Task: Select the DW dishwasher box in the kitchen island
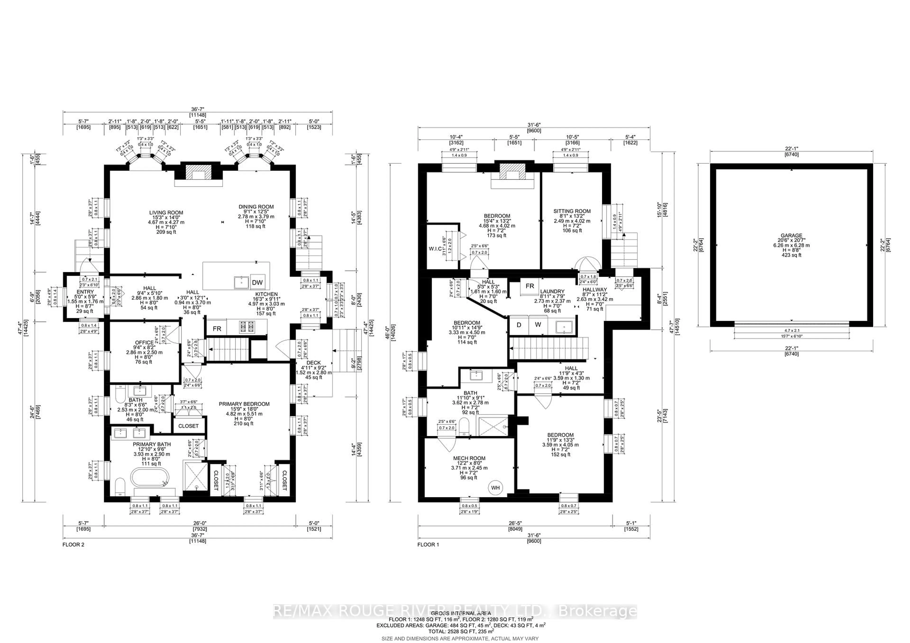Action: click(257, 282)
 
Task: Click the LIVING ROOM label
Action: click(166, 213)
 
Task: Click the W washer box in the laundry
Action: click(538, 325)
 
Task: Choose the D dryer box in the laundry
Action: click(519, 325)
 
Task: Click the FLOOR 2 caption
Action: click(73, 545)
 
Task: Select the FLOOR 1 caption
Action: click(428, 545)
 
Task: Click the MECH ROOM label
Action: click(469, 458)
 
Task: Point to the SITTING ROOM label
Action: click(572, 211)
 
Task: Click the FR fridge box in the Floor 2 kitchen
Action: click(217, 329)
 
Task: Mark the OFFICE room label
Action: click(144, 343)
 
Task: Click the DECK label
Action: click(314, 363)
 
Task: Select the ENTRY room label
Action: click(85, 292)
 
